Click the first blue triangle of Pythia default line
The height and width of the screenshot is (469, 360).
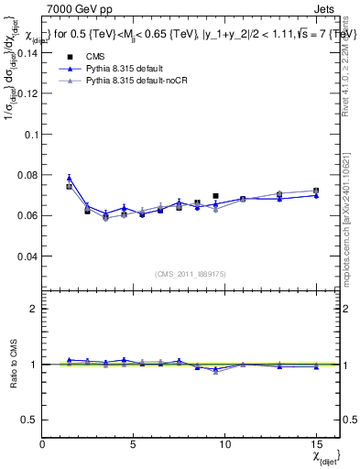coord(69,179)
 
